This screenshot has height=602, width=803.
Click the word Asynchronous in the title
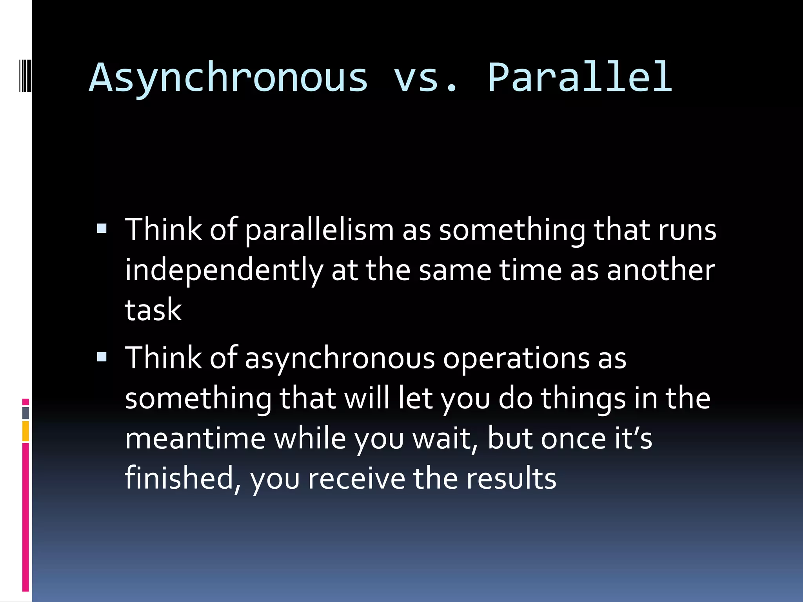(x=229, y=78)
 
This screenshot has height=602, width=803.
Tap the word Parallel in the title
(x=580, y=78)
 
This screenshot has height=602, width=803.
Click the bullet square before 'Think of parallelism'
(x=102, y=228)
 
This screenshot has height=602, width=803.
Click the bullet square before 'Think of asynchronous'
(x=102, y=357)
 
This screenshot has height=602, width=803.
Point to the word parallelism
(x=319, y=230)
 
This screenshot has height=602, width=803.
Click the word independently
(x=224, y=270)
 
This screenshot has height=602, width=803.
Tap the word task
(x=153, y=310)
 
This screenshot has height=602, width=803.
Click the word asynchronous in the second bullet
(x=340, y=359)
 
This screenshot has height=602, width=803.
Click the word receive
(x=356, y=478)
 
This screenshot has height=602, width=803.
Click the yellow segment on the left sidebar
(x=25, y=431)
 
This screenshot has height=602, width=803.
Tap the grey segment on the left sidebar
(x=25, y=413)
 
